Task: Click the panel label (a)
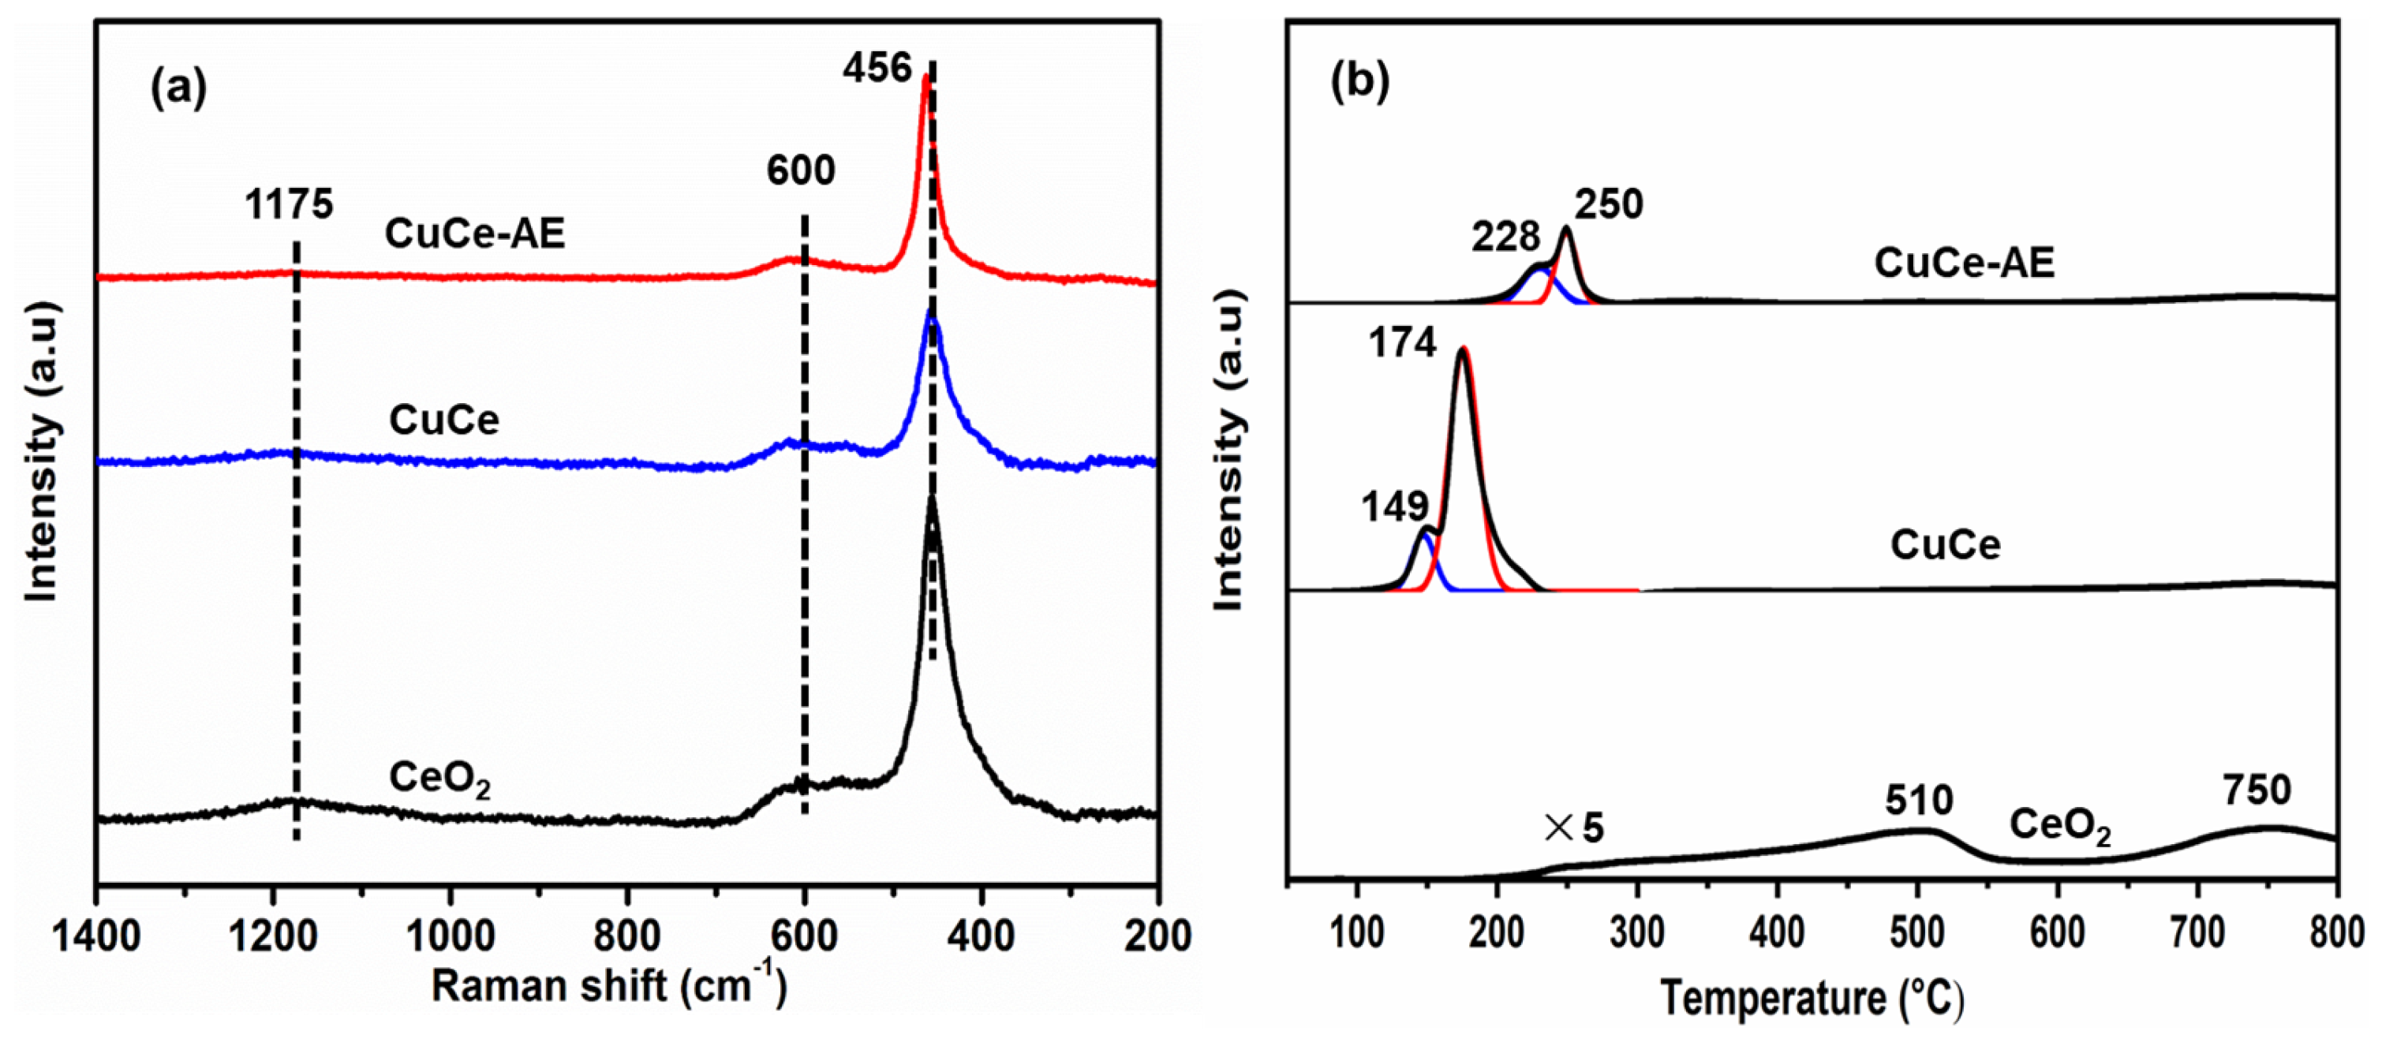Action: (x=178, y=89)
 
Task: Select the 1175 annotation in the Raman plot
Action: (x=288, y=204)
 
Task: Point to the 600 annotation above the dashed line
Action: (x=801, y=171)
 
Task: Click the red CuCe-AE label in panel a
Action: (x=475, y=233)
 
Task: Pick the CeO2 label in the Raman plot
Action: (x=439, y=779)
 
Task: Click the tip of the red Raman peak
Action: (x=925, y=79)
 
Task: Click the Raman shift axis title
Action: (x=608, y=985)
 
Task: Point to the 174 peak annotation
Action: (x=1402, y=343)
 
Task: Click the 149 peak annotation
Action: (x=1394, y=507)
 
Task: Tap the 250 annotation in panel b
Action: (x=1609, y=204)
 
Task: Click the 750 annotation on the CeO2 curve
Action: (x=2257, y=790)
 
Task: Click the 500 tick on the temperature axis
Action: (x=1916, y=932)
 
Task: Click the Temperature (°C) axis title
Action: (x=1812, y=999)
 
